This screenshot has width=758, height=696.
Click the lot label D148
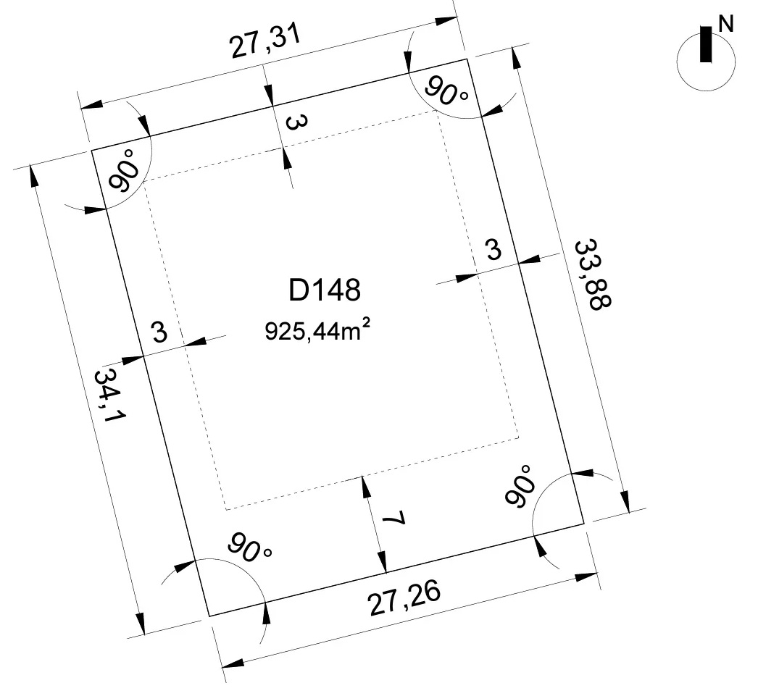click(x=325, y=290)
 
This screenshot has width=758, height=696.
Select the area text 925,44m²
click(x=317, y=331)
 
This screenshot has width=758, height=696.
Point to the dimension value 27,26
click(x=404, y=598)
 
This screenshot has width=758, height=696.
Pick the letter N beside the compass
click(x=726, y=24)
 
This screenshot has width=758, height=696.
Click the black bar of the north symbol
click(x=706, y=44)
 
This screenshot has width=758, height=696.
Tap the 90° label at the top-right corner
click(x=446, y=91)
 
